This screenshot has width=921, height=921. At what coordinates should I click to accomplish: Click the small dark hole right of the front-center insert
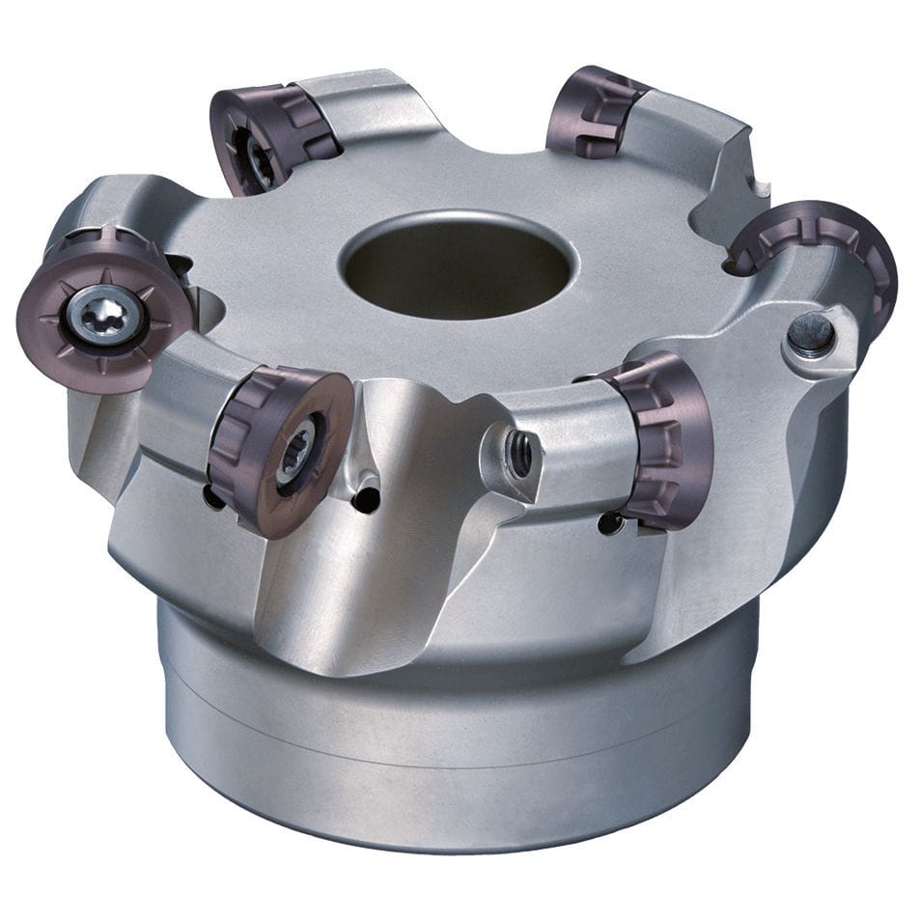coord(364,500)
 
